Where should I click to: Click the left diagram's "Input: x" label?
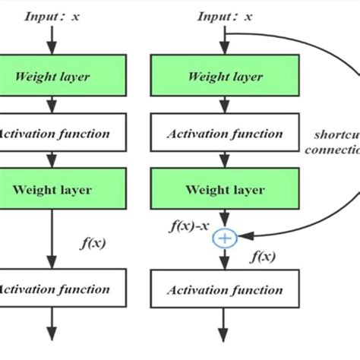[x=52, y=16]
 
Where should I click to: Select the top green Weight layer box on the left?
[x=52, y=76]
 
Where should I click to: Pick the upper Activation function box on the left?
[x=52, y=134]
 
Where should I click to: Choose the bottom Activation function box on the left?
[x=52, y=289]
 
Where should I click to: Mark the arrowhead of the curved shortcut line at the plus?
[x=242, y=238]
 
